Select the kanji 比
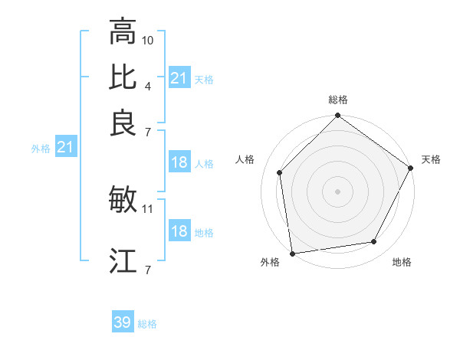(x=123, y=77)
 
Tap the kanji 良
(x=123, y=123)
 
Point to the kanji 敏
(x=123, y=200)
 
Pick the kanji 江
(x=123, y=261)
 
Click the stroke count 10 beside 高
(x=148, y=39)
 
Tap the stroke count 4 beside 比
(x=148, y=85)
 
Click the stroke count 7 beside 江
(x=148, y=269)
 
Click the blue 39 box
(x=123, y=322)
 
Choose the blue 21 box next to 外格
(x=64, y=148)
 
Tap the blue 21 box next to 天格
(x=179, y=78)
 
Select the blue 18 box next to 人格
(x=179, y=162)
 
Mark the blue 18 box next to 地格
(x=179, y=231)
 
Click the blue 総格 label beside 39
(x=147, y=324)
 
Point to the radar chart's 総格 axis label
(x=338, y=100)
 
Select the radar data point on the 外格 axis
(x=292, y=253)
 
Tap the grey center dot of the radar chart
(x=338, y=191)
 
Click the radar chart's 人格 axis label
(x=245, y=159)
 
